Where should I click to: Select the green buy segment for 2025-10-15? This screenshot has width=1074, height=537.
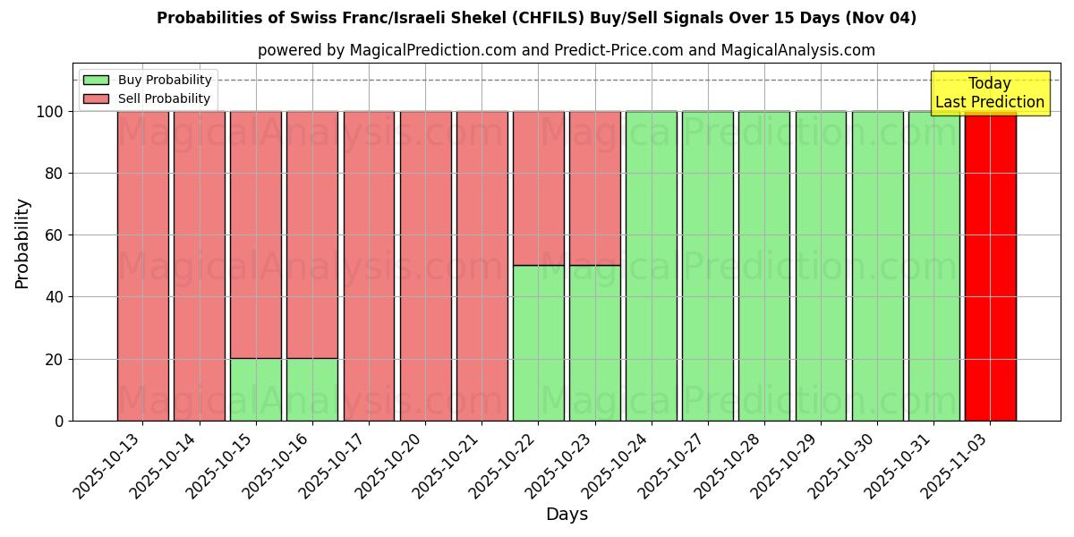256,389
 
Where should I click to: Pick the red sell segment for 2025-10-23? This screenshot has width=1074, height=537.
595,188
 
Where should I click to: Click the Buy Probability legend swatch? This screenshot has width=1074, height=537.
96,80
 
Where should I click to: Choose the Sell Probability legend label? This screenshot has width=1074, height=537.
164,98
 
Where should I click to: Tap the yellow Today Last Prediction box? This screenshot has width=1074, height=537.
990,93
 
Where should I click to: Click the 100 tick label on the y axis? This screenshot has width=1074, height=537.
49,112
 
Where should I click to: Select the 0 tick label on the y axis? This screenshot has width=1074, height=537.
59,421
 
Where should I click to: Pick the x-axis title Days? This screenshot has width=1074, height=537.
567,515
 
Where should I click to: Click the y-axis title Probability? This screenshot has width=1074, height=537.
22,243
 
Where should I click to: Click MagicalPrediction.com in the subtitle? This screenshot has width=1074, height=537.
432,50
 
